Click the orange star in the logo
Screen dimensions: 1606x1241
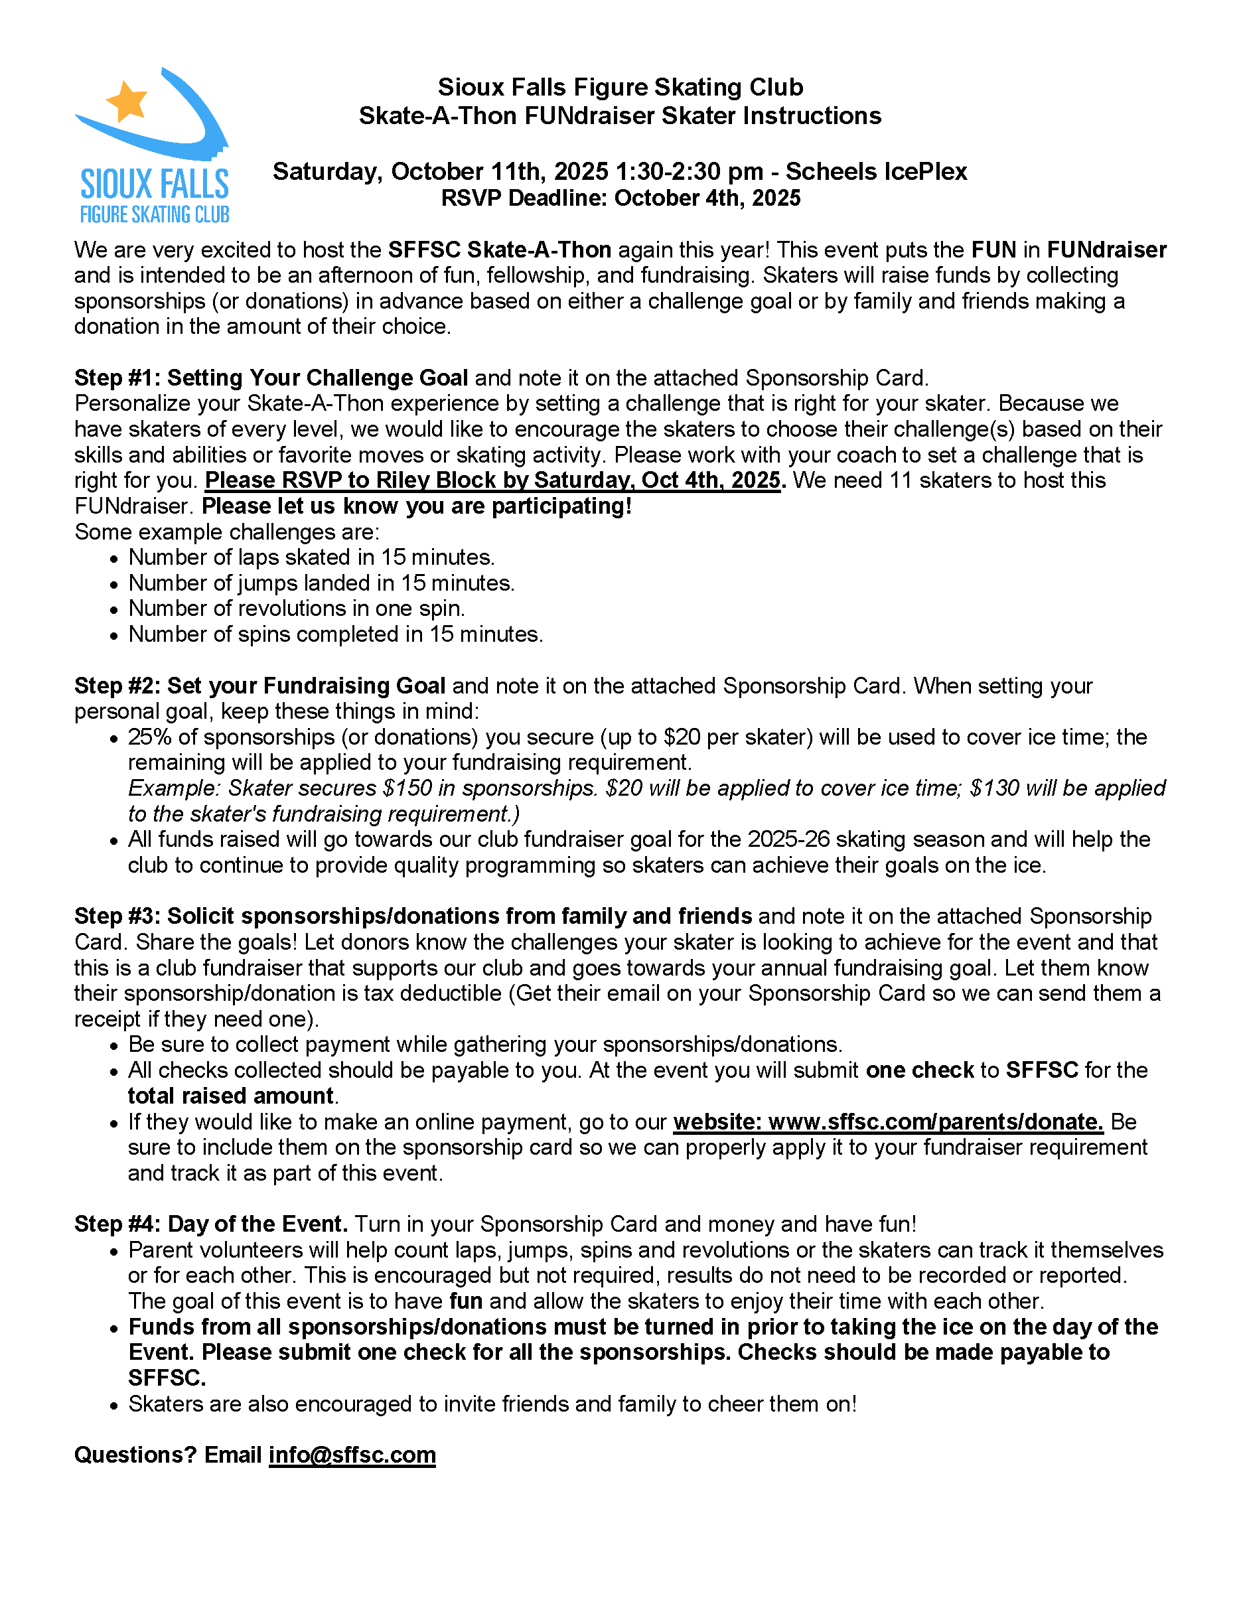127,100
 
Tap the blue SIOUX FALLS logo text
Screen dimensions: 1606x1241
155,184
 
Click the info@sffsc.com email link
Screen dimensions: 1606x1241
352,1455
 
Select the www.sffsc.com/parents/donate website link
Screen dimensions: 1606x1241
888,1122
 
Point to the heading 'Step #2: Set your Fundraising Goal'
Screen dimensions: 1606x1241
259,686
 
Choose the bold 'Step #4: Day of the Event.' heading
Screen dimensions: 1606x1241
210,1224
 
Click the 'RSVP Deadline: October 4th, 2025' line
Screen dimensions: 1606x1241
620,198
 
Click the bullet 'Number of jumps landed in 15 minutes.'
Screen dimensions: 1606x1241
321,583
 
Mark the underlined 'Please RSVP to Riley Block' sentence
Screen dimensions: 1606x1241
492,480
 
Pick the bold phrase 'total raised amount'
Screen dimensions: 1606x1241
231,1096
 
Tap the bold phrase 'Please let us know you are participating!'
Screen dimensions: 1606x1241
416,506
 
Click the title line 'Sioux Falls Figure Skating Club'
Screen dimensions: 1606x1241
620,87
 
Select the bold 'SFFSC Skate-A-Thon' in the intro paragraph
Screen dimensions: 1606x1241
499,250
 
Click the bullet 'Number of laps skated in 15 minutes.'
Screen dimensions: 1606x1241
312,557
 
